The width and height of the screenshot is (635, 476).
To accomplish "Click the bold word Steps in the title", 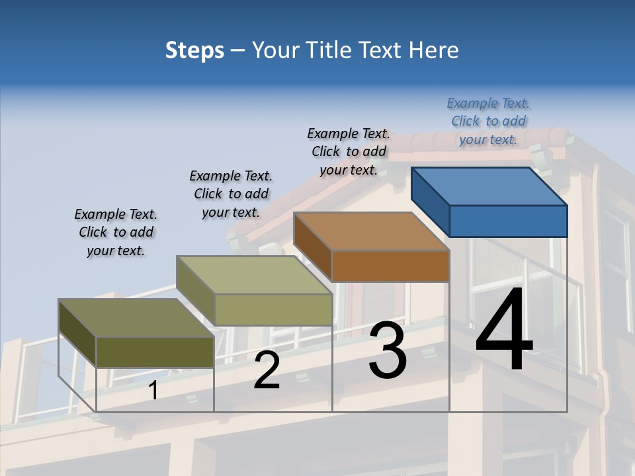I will coord(194,50).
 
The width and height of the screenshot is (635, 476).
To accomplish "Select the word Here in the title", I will coord(433,50).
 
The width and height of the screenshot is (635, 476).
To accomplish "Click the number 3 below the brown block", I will coord(388,350).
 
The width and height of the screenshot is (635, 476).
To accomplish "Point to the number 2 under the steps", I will coord(267,370).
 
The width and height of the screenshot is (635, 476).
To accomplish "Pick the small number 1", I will coord(153,391).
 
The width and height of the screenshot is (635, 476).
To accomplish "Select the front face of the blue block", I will coord(508,221).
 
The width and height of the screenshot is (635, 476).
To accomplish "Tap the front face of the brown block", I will coord(390,266).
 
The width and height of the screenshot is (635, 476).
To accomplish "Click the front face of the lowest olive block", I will coord(155,352).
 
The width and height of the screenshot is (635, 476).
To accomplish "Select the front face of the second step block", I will coord(273,309).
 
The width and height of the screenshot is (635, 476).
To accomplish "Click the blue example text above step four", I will coord(488,122).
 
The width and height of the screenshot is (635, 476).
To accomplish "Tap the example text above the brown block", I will coord(349,151).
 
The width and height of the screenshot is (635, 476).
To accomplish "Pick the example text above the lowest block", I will coord(116,232).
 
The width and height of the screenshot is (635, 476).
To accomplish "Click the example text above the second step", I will coord(231,194).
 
